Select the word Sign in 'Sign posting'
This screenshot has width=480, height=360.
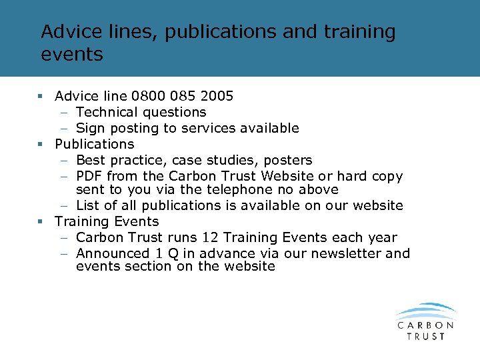click(90, 128)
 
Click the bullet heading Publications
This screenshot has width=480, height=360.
click(94, 144)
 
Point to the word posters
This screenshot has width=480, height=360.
click(288, 160)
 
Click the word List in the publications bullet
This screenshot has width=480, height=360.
click(88, 205)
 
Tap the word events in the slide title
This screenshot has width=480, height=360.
click(72, 54)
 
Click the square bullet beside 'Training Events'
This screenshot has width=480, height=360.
click(41, 221)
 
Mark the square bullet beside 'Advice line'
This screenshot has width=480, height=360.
click(41, 96)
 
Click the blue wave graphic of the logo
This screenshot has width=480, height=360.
click(425, 312)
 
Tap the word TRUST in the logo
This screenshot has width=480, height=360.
click(426, 337)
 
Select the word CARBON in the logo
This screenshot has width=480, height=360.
click(426, 325)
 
